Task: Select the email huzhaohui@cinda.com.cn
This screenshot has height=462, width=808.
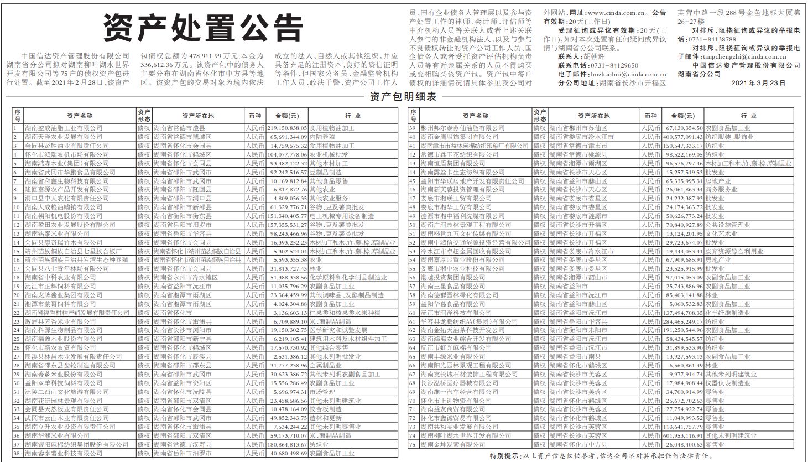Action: coord(621,74)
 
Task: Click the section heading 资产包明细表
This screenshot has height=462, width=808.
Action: coord(403,97)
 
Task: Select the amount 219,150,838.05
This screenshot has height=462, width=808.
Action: coord(287,127)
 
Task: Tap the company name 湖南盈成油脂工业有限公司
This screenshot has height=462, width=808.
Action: coord(64,127)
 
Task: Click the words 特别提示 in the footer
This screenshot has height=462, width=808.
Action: coord(504,456)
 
